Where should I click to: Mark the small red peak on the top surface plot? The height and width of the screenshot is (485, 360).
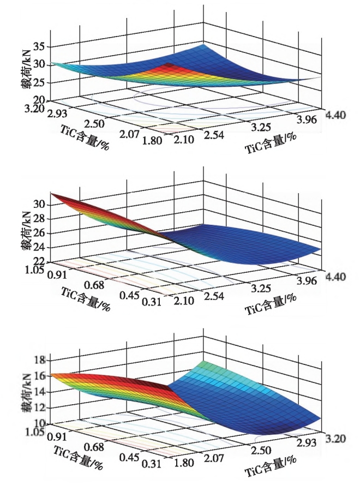(169, 65)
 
